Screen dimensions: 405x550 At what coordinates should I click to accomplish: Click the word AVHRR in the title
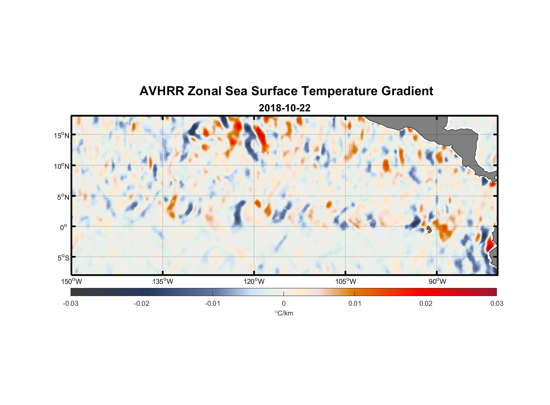coord(161,91)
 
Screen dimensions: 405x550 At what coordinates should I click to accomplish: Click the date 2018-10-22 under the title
coord(284,108)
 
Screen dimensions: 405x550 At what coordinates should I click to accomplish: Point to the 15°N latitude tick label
coord(61,135)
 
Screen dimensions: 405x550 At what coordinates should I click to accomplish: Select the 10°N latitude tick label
coord(61,166)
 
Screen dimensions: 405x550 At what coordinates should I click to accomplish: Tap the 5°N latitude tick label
coord(63,197)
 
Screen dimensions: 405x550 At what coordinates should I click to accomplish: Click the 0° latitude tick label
coord(63,228)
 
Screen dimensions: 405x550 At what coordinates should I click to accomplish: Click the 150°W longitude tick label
coord(71,281)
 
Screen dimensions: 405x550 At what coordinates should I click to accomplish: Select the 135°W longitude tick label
coord(163,281)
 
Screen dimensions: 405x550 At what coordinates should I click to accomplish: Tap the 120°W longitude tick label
coord(254,281)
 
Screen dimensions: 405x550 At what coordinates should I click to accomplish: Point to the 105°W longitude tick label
coord(346,281)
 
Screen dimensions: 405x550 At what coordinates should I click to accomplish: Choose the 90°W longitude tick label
coord(437,281)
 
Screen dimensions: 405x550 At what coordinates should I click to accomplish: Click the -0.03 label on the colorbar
coord(71,303)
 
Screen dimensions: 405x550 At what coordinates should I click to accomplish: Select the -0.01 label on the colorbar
coord(213,303)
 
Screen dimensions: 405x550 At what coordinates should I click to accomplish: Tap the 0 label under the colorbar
coord(284,303)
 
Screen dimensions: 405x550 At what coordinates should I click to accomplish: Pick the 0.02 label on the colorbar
coord(426,303)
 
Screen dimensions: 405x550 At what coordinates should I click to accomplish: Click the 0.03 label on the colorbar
coord(496,303)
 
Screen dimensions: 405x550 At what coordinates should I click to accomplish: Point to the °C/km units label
coord(284,313)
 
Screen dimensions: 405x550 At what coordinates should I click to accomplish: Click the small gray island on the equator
coord(429,229)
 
